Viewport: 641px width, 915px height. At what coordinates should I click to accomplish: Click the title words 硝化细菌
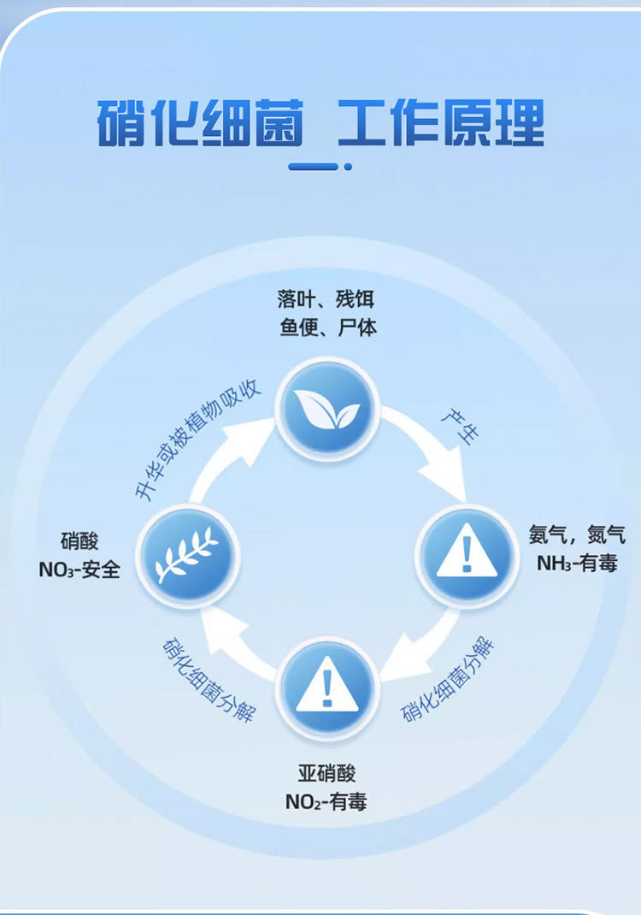click(x=200, y=125)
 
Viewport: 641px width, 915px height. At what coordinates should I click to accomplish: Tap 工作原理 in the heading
click(x=441, y=125)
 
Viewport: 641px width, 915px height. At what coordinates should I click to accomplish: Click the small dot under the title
click(x=348, y=167)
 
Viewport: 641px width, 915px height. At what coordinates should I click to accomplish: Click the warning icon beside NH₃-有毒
click(x=466, y=556)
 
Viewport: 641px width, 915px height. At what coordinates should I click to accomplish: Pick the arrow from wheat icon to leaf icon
click(x=227, y=463)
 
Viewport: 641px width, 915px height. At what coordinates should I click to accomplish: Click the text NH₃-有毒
click(x=577, y=564)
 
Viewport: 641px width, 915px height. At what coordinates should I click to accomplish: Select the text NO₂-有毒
click(x=326, y=802)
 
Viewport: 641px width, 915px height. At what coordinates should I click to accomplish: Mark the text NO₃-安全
click(x=79, y=570)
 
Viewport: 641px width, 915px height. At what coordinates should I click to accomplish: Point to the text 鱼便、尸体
click(x=327, y=328)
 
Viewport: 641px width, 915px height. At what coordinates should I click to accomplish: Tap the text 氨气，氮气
click(x=577, y=535)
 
